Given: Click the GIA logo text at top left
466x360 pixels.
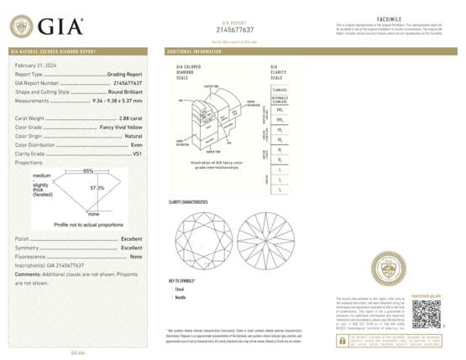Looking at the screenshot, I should (x=59, y=27).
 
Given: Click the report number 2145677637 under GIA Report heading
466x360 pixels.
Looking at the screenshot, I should (x=234, y=29).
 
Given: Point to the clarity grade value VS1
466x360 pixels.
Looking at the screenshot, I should (x=137, y=154).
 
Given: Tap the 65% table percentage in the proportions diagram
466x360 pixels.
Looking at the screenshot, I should (x=88, y=171).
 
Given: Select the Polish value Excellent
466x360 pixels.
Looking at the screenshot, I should (x=131, y=239).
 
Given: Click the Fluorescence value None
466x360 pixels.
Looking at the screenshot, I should (x=136, y=256).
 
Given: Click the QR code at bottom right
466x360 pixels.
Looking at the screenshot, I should (x=426, y=315).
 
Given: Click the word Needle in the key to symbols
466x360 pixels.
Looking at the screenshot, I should (x=179, y=297).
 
